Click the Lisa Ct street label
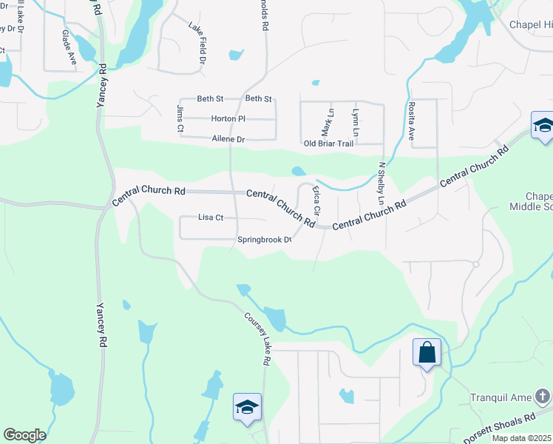tap(211, 218)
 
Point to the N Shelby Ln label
tap(381, 184)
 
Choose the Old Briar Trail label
tap(329, 144)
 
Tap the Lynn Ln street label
tap(356, 121)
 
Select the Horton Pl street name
tap(228, 118)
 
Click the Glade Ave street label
tap(69, 47)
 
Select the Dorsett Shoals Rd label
tap(499, 428)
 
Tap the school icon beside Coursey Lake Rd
tap(248, 407)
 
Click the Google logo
tap(24, 435)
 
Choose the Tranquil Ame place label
tap(501, 397)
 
